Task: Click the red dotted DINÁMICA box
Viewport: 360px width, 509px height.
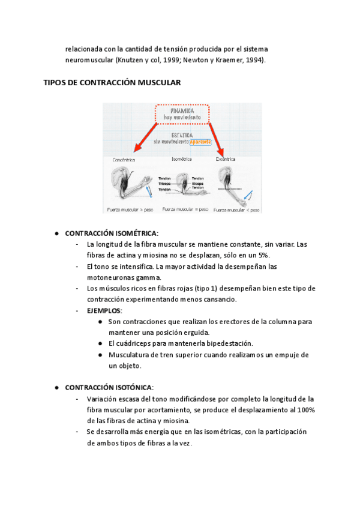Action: pos(182,114)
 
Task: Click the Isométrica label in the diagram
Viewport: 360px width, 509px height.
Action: pos(181,160)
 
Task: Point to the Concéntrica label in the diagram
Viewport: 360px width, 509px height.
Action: pos(124,160)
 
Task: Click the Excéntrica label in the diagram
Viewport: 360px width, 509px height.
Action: pos(226,160)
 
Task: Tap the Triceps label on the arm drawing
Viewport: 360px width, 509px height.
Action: pos(164,184)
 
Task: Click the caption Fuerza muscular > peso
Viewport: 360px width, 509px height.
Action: pos(128,209)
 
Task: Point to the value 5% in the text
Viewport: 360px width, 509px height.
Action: pos(262,255)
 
